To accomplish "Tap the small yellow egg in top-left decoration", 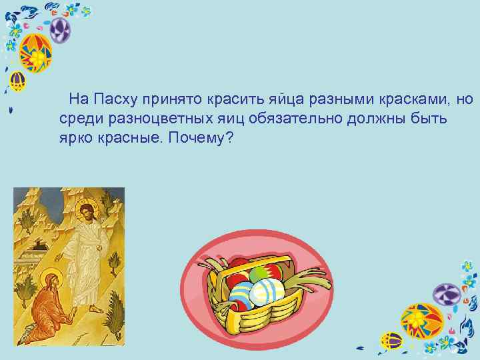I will (x=17, y=83).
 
